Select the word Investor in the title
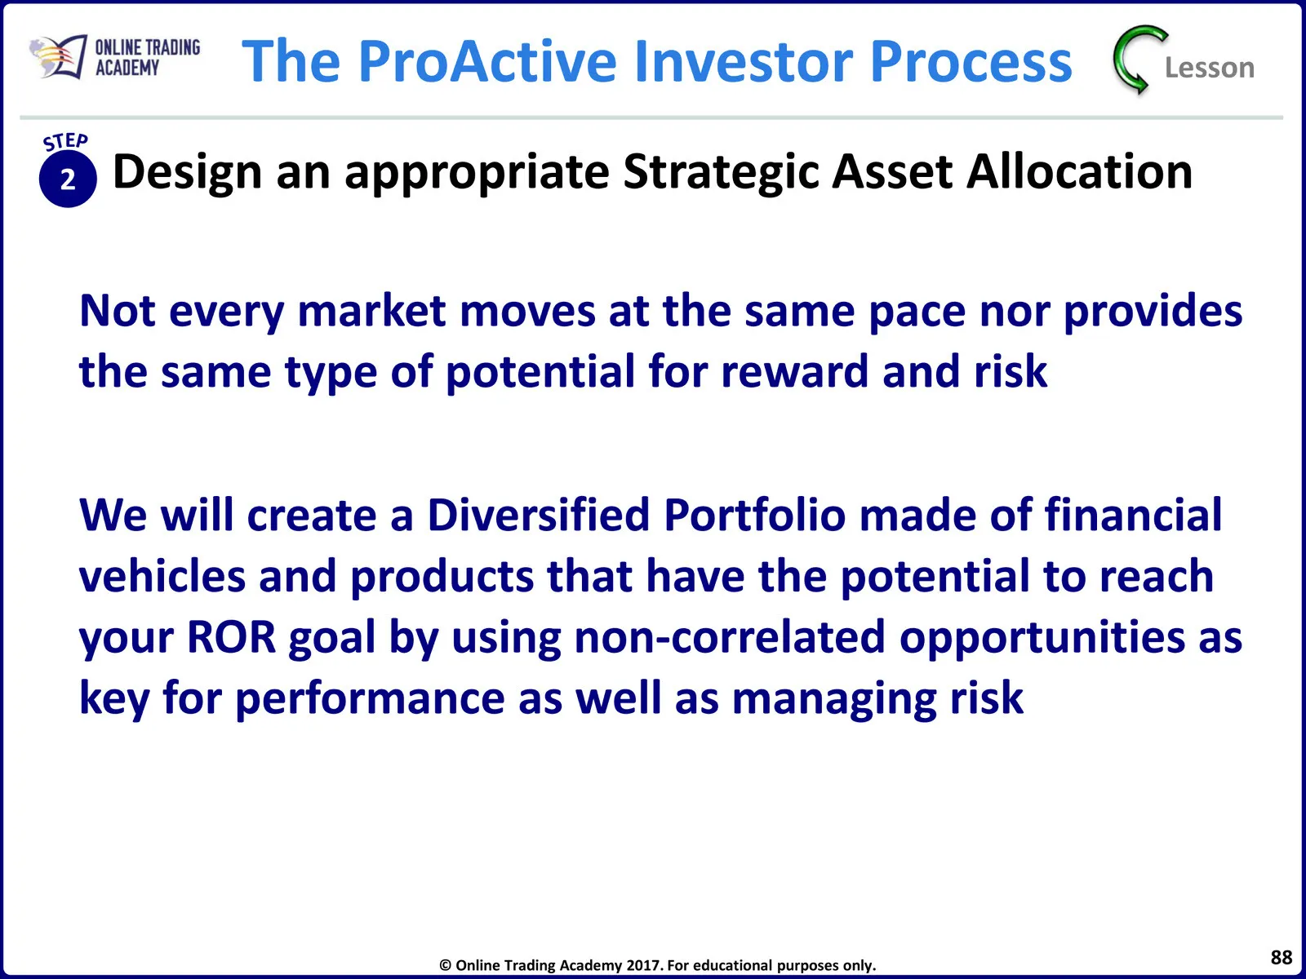(x=744, y=61)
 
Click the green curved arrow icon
(x=1138, y=60)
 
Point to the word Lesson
(x=1210, y=68)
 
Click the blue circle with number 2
(x=68, y=179)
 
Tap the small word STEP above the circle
(x=65, y=141)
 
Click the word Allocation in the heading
(x=1079, y=172)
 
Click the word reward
(x=794, y=371)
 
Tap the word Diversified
(x=538, y=515)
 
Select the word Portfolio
(x=754, y=515)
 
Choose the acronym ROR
(x=232, y=636)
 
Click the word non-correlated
(x=730, y=636)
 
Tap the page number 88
(x=1281, y=957)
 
